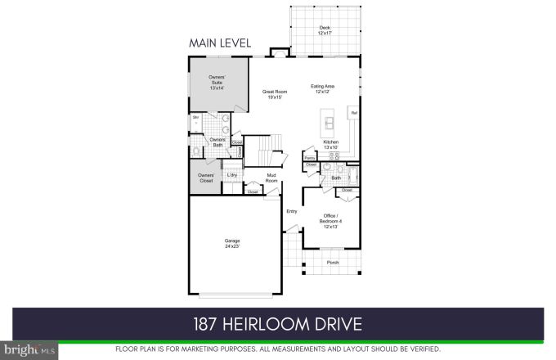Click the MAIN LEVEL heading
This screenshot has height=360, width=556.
coord(220,43)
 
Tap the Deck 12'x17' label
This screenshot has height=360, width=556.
coord(325,30)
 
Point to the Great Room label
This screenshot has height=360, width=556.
coord(272,94)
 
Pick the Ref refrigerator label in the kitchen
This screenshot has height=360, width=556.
coord(354,112)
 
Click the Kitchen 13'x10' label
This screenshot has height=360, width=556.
coord(331,144)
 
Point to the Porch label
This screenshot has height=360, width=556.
coord(333,263)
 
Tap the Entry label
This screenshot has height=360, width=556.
coord(291,211)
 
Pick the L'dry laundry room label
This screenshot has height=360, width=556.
coord(232,174)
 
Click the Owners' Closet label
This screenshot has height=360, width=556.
coord(207,178)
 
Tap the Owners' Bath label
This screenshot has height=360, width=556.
coord(217,142)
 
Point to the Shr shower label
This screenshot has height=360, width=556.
coord(196,118)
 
